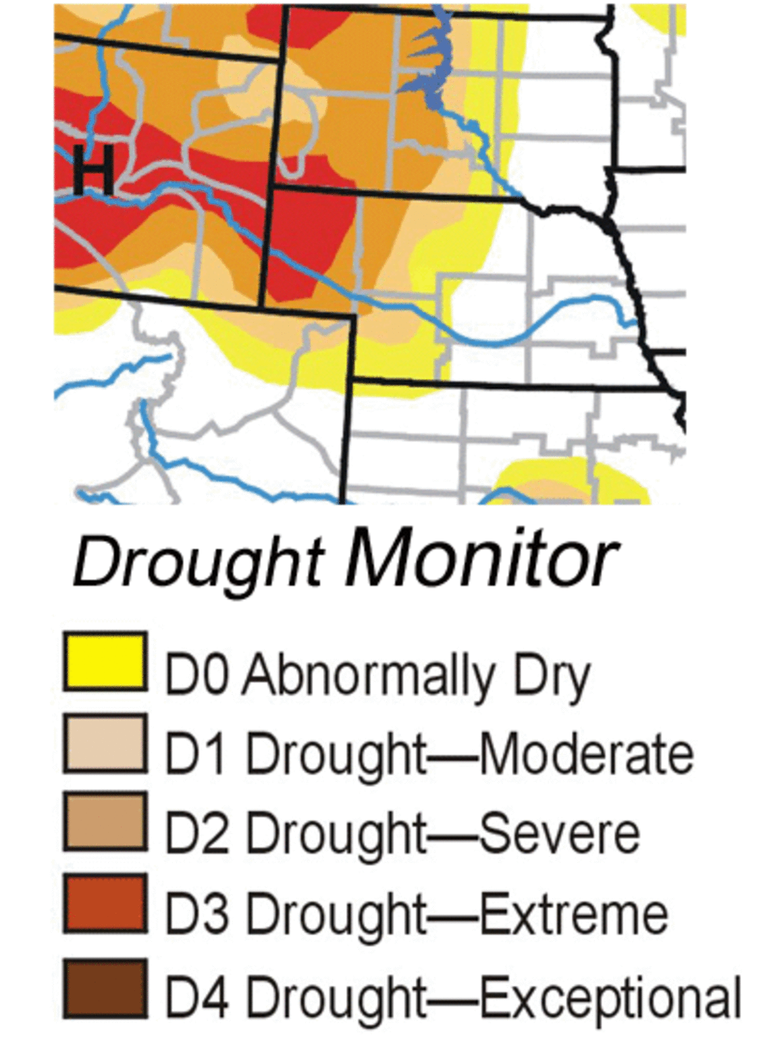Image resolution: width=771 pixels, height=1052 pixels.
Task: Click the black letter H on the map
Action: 94,170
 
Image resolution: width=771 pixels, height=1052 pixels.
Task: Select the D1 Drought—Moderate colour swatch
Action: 105,743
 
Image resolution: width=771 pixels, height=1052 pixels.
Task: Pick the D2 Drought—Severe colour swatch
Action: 105,822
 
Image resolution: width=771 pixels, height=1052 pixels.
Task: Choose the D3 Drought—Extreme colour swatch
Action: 105,903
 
